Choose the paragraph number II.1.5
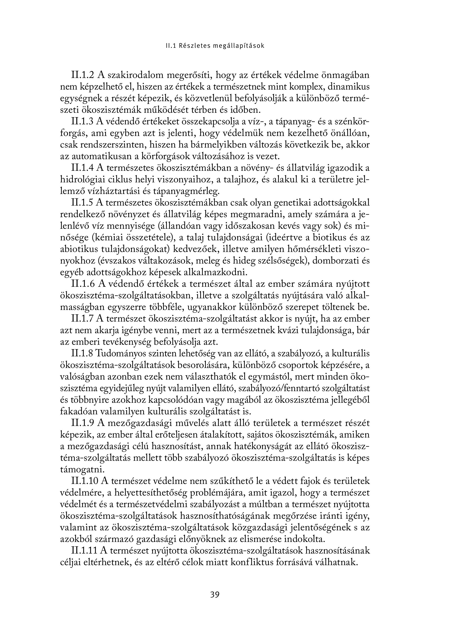coord(82,203)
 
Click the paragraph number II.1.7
coord(82,319)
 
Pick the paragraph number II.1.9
coord(82,423)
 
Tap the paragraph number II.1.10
coord(85,481)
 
